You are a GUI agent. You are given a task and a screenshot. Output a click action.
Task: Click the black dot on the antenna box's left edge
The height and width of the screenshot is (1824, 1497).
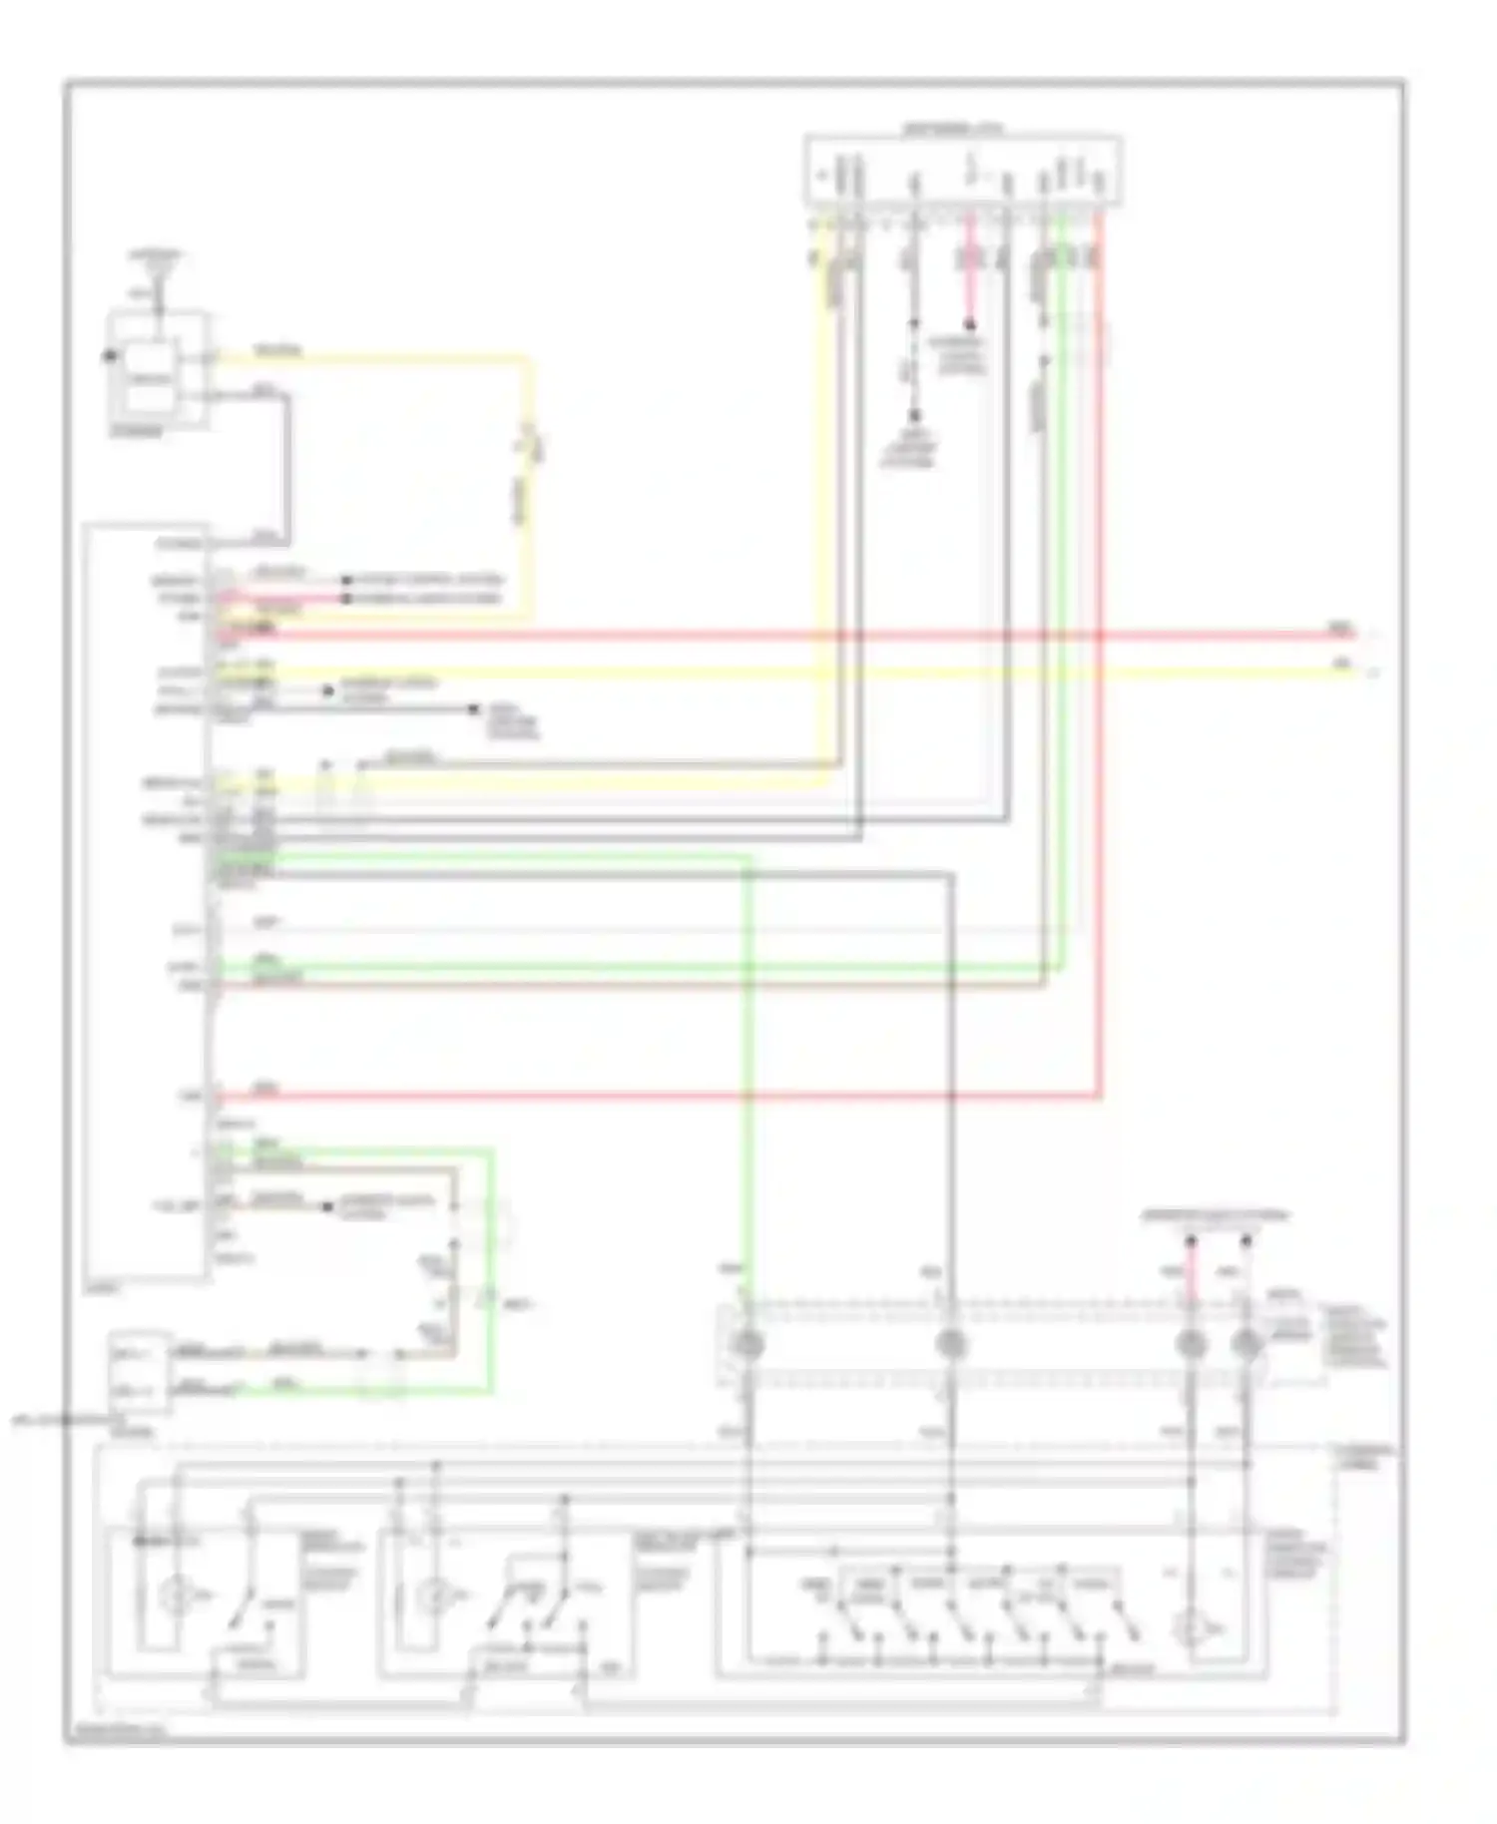108,355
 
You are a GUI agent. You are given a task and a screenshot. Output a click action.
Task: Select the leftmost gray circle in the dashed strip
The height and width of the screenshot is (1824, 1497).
748,1344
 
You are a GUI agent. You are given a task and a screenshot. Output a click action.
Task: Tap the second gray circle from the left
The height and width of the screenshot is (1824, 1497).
951,1344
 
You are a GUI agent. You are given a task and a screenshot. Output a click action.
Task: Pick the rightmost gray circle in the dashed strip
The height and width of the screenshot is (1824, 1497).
1246,1344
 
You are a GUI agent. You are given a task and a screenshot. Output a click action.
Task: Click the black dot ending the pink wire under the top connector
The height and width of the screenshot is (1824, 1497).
968,325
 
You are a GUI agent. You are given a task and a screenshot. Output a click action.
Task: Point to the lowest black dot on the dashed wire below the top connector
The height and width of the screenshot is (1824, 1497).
913,415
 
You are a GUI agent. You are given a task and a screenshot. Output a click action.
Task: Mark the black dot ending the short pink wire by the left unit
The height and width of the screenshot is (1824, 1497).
346,599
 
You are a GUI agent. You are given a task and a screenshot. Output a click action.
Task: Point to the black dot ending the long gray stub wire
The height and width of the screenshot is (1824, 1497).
474,709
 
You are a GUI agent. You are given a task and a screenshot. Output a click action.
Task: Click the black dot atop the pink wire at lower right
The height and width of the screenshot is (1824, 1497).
1190,1241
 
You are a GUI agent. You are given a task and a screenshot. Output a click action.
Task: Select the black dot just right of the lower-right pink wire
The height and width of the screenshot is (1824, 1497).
1246,1241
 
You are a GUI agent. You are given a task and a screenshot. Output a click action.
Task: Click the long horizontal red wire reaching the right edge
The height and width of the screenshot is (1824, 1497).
798,635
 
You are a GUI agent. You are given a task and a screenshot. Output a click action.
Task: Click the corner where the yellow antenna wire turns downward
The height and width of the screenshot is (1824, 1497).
528,359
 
